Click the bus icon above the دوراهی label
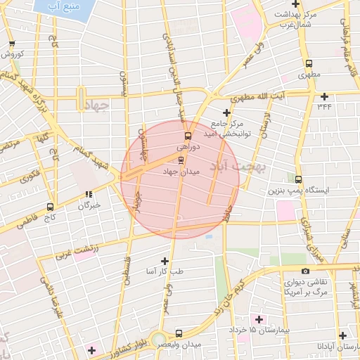tap(187, 136)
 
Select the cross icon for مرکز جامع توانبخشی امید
tap(226, 112)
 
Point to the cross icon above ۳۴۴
tap(324, 96)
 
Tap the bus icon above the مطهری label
tap(309, 61)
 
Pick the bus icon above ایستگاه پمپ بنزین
tap(299, 179)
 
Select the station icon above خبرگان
tap(89, 194)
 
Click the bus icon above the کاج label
tap(49, 207)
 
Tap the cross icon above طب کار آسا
tap(165, 261)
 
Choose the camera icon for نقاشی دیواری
tap(304, 271)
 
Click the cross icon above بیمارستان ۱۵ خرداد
tap(259, 319)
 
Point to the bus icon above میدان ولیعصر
tap(179, 333)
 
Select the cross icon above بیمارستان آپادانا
tap(342, 336)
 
